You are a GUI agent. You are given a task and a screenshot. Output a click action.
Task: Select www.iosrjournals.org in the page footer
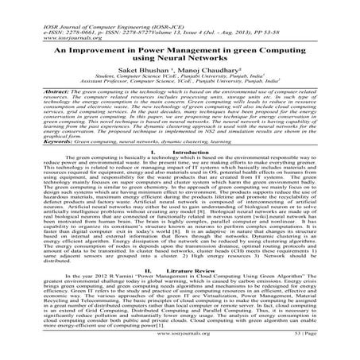[180, 347]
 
